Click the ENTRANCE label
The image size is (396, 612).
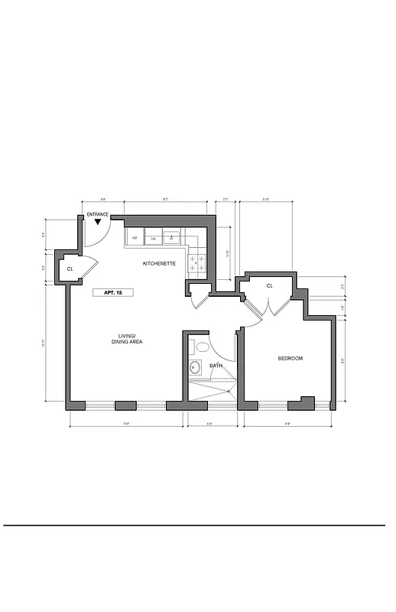coord(98,214)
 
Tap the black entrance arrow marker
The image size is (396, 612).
coord(98,222)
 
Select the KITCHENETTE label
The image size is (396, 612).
coord(160,264)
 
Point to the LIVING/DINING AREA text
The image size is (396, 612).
coord(127,339)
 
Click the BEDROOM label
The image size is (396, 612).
coord(290,359)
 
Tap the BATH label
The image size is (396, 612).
coord(216,366)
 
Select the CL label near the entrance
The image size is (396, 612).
coord(70,269)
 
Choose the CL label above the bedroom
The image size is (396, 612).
coord(270,286)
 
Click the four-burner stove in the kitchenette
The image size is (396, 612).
coord(197,264)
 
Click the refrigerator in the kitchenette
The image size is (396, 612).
coord(135,238)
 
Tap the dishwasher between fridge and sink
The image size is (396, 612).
coord(154,238)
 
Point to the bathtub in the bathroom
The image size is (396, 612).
coord(210,390)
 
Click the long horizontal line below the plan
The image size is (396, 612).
coord(195,526)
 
